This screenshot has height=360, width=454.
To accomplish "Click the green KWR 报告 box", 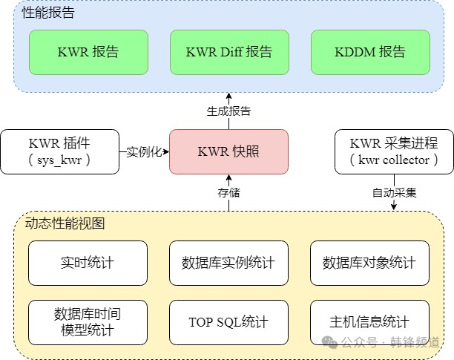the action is [88, 52].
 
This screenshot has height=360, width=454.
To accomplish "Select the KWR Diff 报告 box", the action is [229, 52].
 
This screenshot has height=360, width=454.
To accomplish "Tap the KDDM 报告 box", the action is [370, 52].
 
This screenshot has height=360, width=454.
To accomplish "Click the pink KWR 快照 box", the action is [228, 151].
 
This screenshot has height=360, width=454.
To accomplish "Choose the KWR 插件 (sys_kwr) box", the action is [59, 151].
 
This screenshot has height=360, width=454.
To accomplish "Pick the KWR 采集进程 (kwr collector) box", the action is [394, 151].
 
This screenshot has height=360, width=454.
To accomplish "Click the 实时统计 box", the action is [88, 263].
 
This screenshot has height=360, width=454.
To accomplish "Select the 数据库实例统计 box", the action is [228, 263].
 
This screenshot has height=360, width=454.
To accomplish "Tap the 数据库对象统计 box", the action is [369, 263].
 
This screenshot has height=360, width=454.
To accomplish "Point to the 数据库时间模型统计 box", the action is [88, 322].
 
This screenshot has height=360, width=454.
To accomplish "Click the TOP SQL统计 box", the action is [228, 322].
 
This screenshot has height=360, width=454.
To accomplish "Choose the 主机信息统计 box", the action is [369, 322].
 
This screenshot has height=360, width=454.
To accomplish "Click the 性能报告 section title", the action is [48, 13].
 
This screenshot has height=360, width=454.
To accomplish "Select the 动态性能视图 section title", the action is [65, 223].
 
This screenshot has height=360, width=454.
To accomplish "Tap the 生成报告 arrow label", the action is [228, 111].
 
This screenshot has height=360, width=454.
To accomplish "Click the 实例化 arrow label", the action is [144, 151].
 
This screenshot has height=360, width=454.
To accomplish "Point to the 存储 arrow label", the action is [228, 193].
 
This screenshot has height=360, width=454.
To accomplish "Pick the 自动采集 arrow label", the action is [394, 193].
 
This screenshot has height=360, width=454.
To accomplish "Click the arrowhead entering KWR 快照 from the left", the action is [166, 151].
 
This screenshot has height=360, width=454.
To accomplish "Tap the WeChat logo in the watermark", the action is [330, 342].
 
